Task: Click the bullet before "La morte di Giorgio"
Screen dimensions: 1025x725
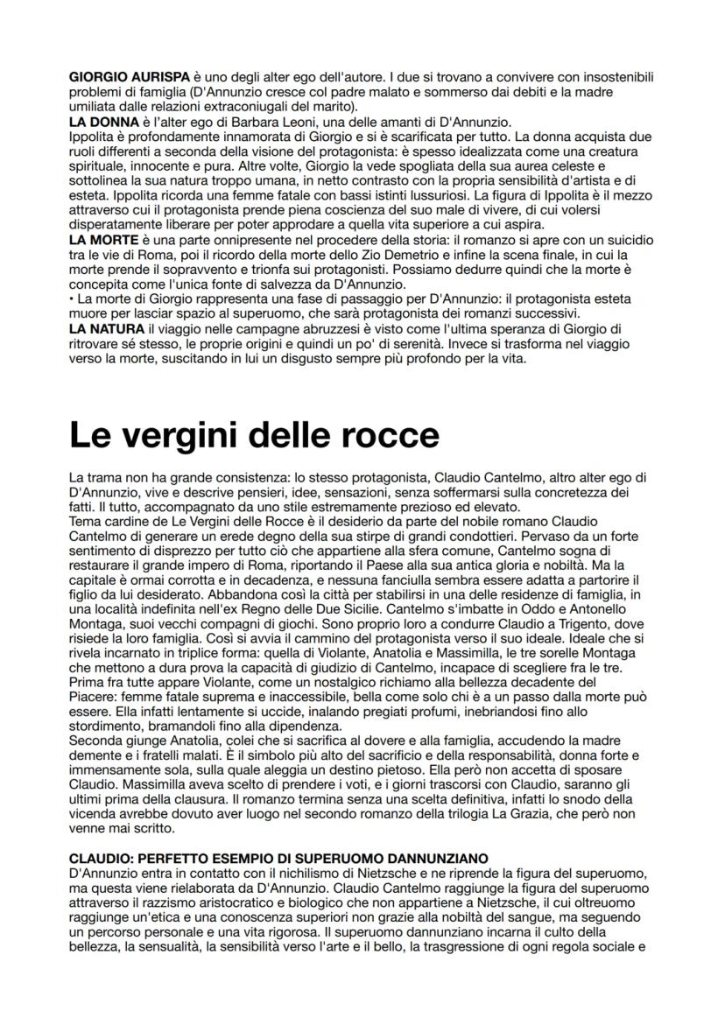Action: coord(72,299)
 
